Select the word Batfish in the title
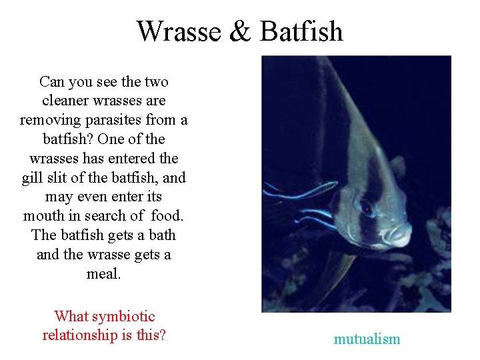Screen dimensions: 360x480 pyautogui.click(x=301, y=31)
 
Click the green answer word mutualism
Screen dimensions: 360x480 pyautogui.click(x=367, y=339)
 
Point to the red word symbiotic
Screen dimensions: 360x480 pyautogui.click(x=124, y=316)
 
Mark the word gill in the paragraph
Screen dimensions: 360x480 pyautogui.click(x=32, y=178)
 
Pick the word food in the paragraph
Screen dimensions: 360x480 pyautogui.click(x=166, y=216)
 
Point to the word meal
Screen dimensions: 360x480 pyautogui.click(x=103, y=273)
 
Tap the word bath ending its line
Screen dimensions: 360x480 pyautogui.click(x=163, y=235)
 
